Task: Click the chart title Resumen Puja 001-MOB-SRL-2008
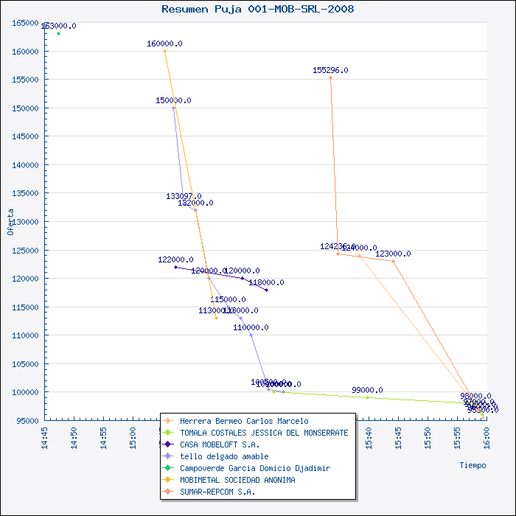click(257, 9)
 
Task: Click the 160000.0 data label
click(164, 43)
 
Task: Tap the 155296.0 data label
click(330, 70)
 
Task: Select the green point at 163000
click(58, 33)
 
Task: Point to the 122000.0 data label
click(175, 259)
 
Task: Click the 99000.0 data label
click(367, 390)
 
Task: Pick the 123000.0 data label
click(393, 254)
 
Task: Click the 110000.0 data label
click(251, 327)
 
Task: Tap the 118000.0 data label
click(266, 282)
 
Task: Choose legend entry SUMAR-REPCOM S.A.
click(217, 492)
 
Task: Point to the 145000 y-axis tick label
click(26, 136)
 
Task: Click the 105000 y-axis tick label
click(26, 363)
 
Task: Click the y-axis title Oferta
click(10, 221)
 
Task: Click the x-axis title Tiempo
click(473, 465)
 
